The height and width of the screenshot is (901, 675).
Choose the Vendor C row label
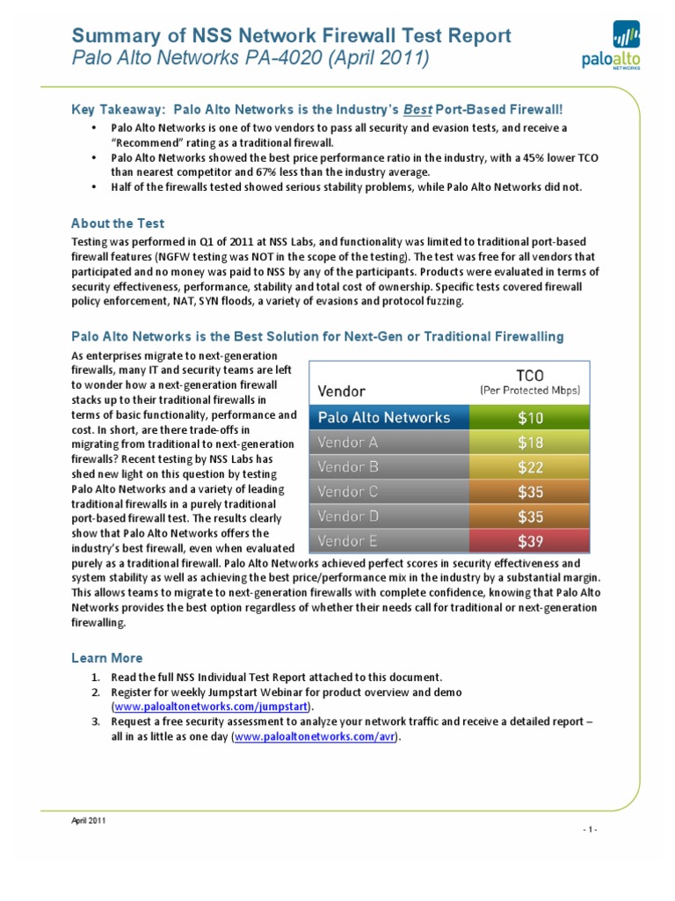tap(348, 491)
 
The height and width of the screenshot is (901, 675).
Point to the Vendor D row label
tap(348, 516)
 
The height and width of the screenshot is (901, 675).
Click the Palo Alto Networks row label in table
tap(383, 417)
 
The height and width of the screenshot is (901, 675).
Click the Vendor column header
tap(342, 388)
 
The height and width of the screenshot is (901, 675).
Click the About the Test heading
tap(117, 223)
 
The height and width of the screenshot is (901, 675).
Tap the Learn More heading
tap(105, 658)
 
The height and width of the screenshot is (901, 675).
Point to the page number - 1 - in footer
tap(589, 829)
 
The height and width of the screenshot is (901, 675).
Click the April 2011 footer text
tap(88, 820)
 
